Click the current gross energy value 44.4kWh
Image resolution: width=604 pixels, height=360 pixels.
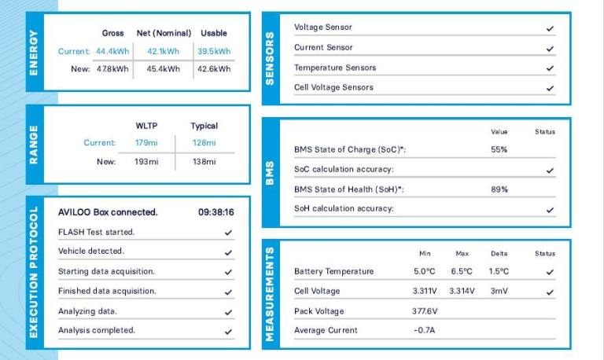click(x=112, y=51)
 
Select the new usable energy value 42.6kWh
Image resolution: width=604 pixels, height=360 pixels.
click(x=214, y=69)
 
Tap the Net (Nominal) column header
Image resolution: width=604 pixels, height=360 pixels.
click(x=163, y=33)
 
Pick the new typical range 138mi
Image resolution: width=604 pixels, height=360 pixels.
click(x=204, y=161)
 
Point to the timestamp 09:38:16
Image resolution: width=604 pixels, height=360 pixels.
click(x=215, y=212)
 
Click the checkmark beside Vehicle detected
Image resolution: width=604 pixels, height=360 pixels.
click(x=228, y=252)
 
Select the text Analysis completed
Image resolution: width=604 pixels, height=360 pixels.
click(x=97, y=330)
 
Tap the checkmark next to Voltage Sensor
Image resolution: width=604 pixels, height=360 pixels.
click(x=550, y=28)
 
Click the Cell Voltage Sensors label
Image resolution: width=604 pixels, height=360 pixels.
click(x=333, y=87)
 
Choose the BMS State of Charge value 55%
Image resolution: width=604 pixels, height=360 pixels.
click(x=499, y=149)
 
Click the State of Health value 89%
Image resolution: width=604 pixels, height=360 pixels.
click(x=499, y=189)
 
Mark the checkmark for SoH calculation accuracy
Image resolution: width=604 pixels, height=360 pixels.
click(x=550, y=210)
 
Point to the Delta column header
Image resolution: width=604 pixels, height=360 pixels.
click(x=498, y=254)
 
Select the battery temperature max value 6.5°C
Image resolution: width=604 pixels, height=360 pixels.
click(x=462, y=271)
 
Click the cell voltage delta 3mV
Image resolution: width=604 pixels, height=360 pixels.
click(x=498, y=291)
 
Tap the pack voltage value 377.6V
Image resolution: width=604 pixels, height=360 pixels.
click(x=425, y=310)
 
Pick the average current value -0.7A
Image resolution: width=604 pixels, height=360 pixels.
click(x=425, y=330)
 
